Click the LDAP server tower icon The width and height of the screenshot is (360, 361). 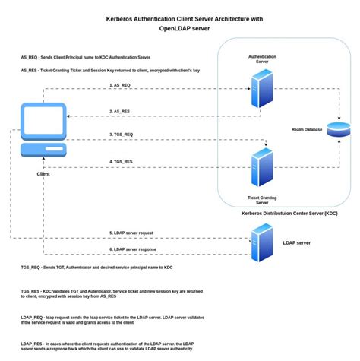point(261,242)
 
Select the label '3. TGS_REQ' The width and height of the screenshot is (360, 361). point(122,136)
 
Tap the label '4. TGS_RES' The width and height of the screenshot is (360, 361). point(122,161)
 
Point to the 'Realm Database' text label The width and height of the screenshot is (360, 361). point(306,130)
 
